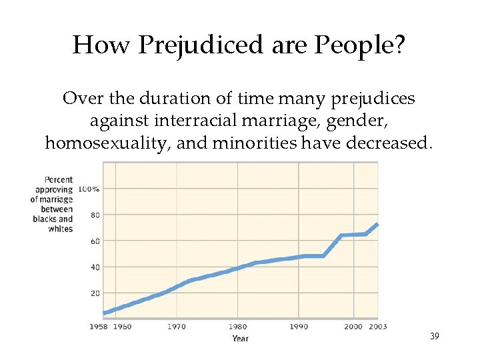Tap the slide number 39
pos(434,337)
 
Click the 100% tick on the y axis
pos(89,189)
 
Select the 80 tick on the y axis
pos(94,215)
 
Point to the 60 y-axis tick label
pos(94,241)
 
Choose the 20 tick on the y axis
pos(94,293)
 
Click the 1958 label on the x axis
pos(98,327)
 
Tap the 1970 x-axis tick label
pos(177,327)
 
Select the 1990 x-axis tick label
pos(299,327)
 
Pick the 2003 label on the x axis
pos(378,327)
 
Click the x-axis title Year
pos(240,338)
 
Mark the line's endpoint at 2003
pos(377,224)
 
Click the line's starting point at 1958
pos(105,313)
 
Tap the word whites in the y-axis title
pos(61,229)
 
